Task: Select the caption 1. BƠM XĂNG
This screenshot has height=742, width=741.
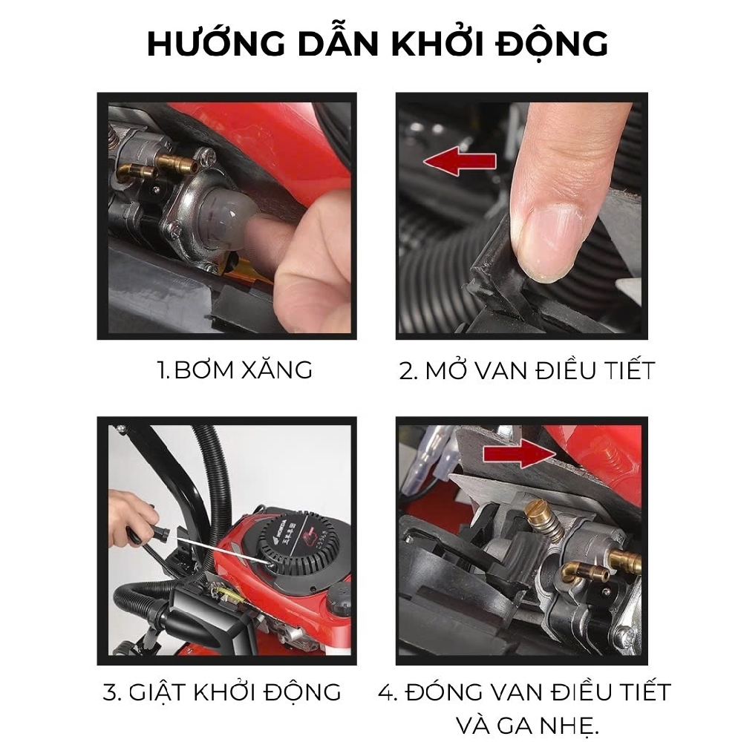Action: tap(235, 370)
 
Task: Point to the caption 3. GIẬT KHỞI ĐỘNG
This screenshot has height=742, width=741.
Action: tap(222, 692)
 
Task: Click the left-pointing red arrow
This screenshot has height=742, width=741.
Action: tap(460, 161)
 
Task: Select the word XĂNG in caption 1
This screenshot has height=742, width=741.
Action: tap(277, 370)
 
